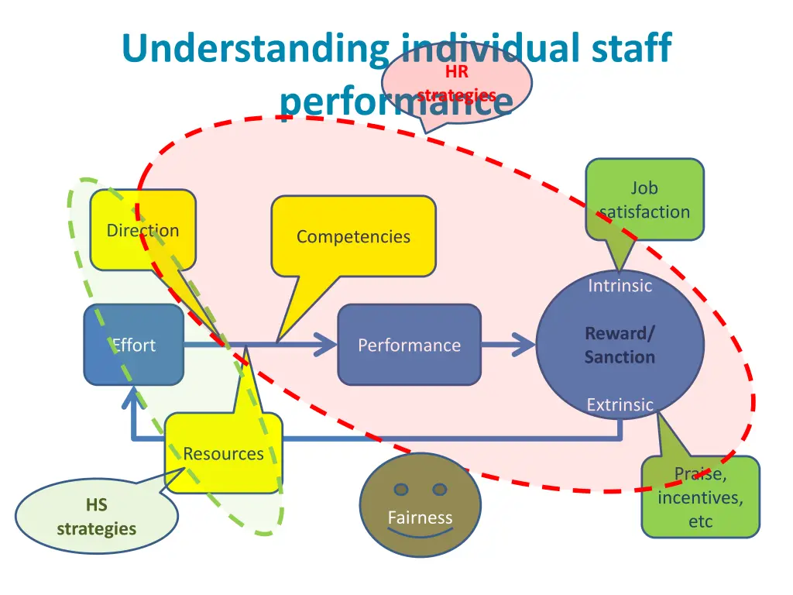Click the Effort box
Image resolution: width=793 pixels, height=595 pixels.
pos(133,345)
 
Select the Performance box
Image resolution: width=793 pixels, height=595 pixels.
pos(409,345)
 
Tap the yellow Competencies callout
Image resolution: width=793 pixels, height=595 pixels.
pos(353,236)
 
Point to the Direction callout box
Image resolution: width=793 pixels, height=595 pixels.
pos(142,230)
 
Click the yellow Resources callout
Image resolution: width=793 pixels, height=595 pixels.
pos(223,453)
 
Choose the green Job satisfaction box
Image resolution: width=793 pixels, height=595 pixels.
pos(644,199)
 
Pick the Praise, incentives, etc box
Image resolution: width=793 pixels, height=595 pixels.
pos(701,497)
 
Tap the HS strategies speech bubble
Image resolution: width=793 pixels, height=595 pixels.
pos(96,518)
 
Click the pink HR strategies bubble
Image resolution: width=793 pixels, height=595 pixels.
pos(457,84)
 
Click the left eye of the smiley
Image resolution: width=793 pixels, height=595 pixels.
pos(400,489)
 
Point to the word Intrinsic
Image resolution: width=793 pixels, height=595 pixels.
pos(620,286)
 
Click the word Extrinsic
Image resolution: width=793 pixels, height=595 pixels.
pos(620,404)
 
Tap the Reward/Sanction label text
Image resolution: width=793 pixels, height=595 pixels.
pos(620,345)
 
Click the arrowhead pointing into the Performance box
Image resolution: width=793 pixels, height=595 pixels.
pos(325,345)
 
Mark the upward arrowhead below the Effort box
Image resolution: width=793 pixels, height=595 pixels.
pos(133,399)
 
